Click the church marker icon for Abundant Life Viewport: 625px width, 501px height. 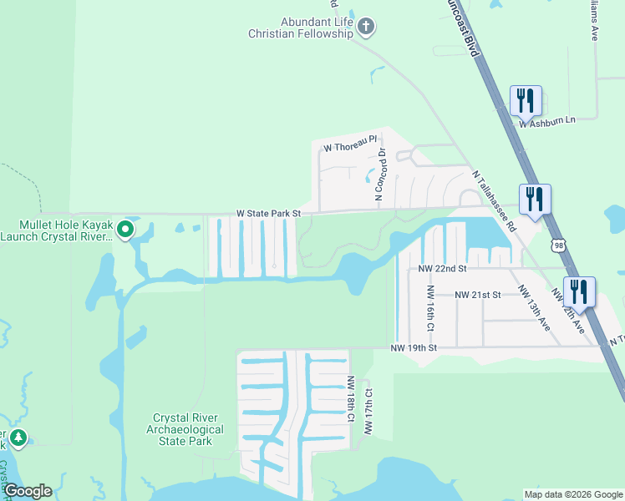point(365,28)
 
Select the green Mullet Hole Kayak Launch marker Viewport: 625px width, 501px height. point(125,228)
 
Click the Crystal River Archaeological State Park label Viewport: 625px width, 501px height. point(188,429)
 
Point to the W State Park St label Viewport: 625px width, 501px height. point(267,214)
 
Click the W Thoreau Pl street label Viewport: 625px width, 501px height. point(352,148)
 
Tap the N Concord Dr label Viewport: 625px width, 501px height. point(380,175)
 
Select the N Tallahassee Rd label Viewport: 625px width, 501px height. point(494,201)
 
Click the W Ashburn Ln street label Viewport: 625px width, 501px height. point(547,121)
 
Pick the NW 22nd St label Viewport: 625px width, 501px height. point(441,269)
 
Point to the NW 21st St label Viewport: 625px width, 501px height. point(477,295)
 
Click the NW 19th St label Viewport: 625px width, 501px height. point(414,347)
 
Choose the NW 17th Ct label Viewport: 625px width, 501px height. point(368,410)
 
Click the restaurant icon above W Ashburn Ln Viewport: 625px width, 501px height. point(526,101)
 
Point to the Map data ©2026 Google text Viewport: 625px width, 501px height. point(573,494)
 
